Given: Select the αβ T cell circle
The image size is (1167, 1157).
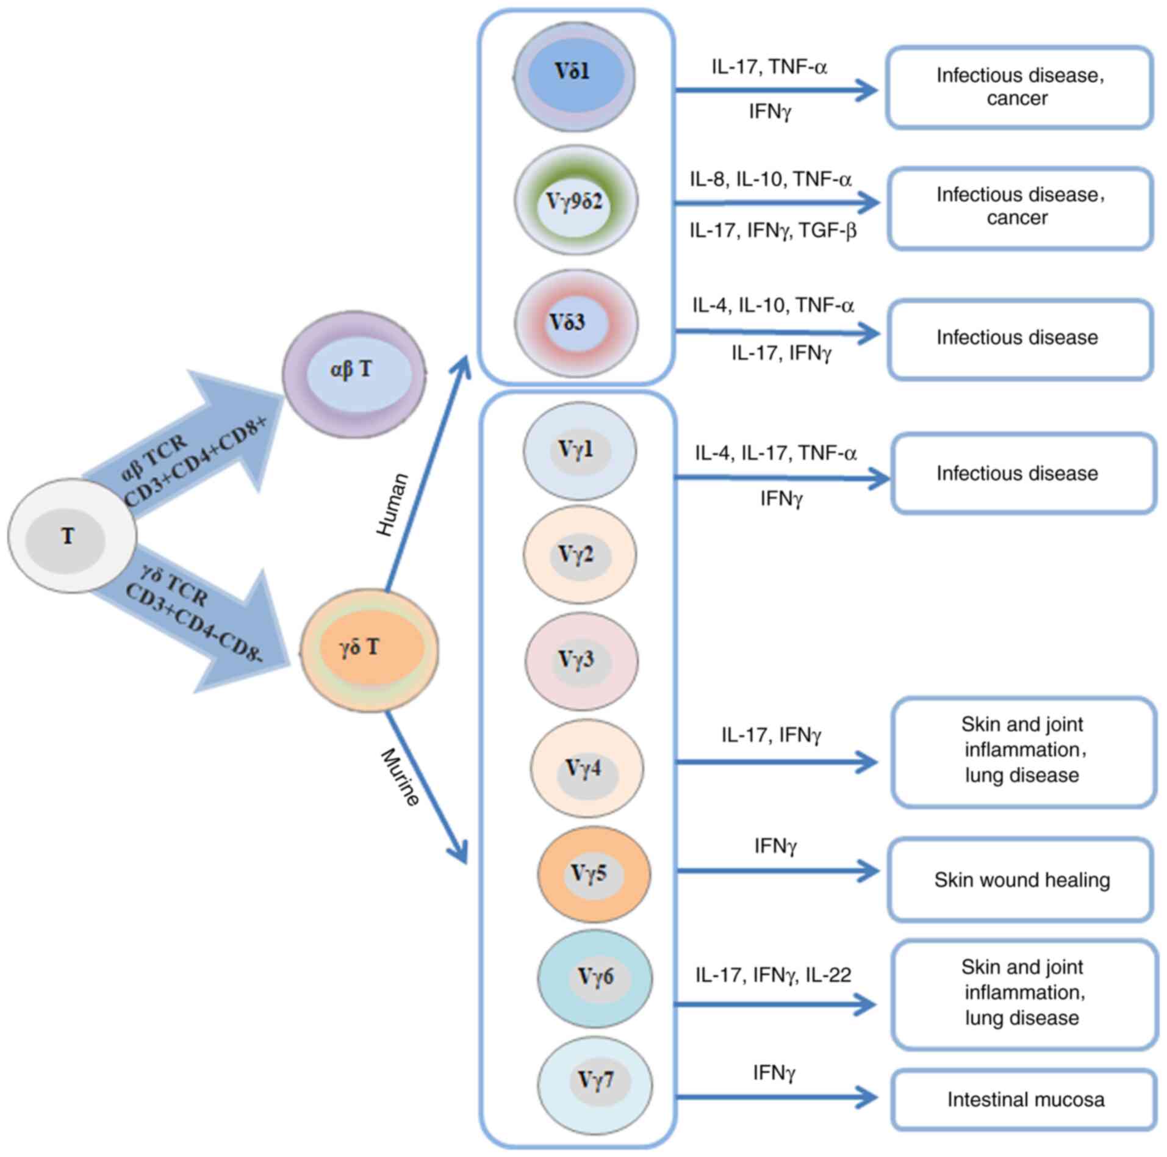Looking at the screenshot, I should click(354, 374).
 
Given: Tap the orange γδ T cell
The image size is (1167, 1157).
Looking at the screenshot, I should click(368, 649).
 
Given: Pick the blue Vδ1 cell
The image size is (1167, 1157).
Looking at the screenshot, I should click(574, 76).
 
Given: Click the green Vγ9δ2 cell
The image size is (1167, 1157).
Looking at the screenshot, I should click(575, 200).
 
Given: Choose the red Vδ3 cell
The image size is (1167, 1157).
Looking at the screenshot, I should click(575, 323).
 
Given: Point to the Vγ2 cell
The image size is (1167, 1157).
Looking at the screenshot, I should click(579, 554).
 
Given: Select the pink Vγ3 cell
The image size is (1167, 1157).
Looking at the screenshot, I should click(581, 661).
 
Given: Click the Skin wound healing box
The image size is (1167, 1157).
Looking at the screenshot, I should click(1021, 880).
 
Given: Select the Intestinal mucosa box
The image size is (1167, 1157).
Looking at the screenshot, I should click(1024, 1099).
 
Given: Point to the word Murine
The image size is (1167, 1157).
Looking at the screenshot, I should click(400, 777).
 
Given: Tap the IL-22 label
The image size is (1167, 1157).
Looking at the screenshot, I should click(828, 975).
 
